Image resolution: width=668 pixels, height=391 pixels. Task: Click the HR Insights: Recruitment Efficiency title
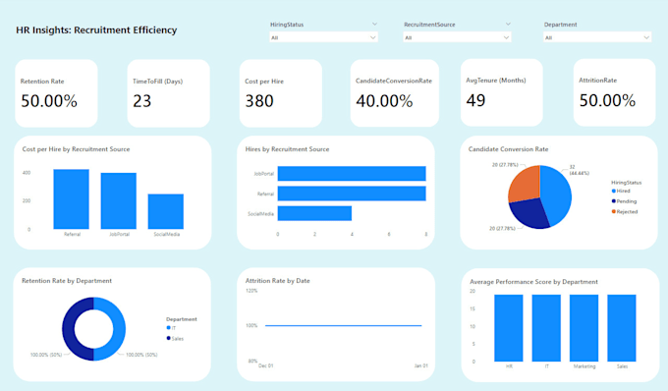96,30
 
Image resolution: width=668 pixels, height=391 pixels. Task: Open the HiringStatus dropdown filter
323,37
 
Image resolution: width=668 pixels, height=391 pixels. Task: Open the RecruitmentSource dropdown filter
458,37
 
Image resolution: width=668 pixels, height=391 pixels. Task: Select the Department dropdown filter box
596,37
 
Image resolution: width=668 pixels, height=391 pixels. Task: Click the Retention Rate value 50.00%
49,100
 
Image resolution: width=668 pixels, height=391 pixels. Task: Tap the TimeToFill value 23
142,100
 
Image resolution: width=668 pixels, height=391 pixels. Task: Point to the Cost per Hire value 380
259,100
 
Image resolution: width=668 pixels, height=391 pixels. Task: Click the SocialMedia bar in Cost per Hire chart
165,211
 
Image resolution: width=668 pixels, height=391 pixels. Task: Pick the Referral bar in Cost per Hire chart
71,199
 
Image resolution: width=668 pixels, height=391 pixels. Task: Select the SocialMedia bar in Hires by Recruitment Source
314,212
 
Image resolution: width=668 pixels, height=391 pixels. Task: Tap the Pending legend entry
627,200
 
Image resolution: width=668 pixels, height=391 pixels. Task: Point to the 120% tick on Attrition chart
251,291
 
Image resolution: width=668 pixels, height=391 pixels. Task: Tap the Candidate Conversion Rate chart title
508,149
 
